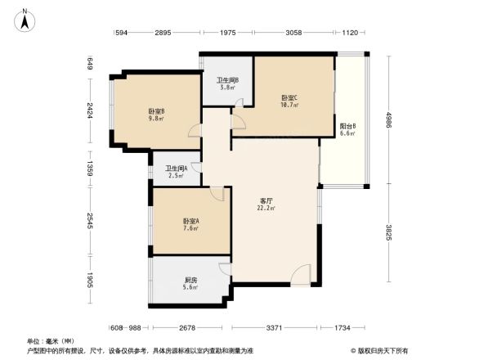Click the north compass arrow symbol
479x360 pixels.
26,19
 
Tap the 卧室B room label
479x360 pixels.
156,111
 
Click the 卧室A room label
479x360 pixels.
190,221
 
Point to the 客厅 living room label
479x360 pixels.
266,200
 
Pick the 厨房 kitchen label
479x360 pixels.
190,280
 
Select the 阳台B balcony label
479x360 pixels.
347,127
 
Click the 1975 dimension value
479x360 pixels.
227,32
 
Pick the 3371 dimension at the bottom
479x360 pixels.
274,327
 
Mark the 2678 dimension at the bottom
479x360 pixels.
190,327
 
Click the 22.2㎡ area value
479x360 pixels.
266,208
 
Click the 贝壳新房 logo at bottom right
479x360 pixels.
383,350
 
